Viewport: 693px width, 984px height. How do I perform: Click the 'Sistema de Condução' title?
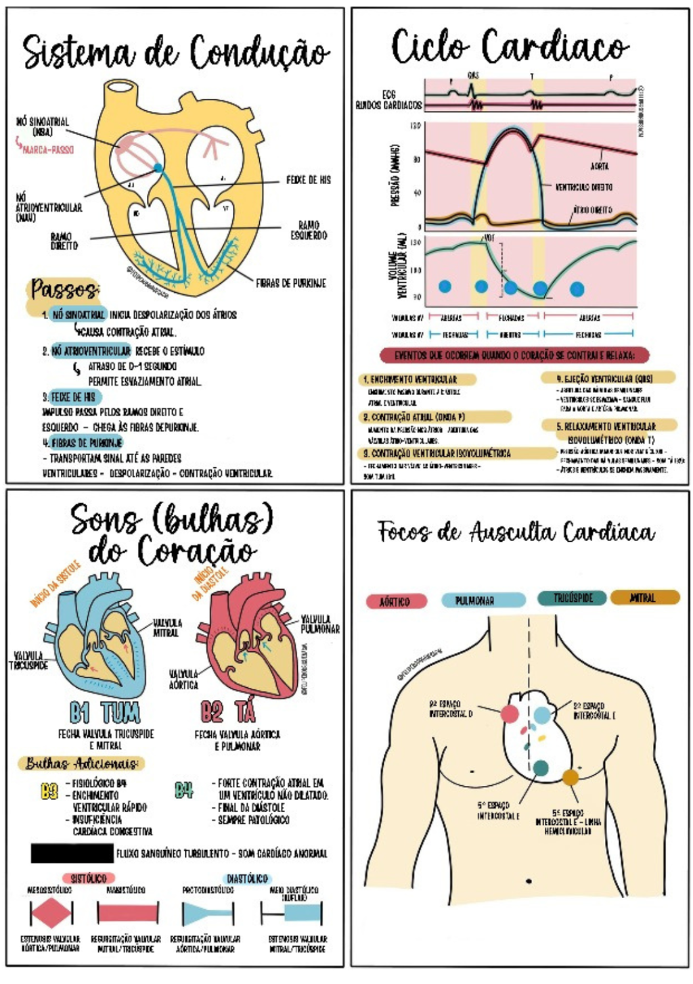pos(175,52)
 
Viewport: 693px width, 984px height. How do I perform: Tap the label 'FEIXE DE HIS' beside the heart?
pos(309,180)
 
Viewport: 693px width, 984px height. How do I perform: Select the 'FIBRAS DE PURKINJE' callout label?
pos(291,283)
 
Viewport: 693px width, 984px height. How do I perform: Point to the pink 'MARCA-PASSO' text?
pos(48,149)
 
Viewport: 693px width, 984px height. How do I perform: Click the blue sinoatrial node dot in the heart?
pos(158,167)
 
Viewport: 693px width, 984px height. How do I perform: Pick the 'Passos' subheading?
pos(64,289)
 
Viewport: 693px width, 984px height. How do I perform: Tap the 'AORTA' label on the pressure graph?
pos(600,166)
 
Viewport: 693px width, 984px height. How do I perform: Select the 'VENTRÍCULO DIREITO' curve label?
pos(584,187)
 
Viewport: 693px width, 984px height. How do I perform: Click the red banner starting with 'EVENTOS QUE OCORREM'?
pos(514,355)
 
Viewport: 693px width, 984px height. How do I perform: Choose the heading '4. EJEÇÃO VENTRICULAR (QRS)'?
pos(608,379)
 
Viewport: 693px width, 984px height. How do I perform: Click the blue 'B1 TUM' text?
pos(105,712)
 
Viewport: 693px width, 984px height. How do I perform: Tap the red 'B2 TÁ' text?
pos(227,712)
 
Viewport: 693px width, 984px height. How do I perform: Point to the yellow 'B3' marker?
pos(49,791)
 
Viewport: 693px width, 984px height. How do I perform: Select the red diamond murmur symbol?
pos(51,914)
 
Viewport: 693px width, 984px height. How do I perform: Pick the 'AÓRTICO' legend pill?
pos(397,601)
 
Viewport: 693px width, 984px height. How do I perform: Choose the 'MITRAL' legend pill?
pos(644,598)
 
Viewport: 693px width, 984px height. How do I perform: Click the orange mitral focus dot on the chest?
pos(571,777)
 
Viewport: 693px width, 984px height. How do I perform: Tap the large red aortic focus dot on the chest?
pos(510,713)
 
